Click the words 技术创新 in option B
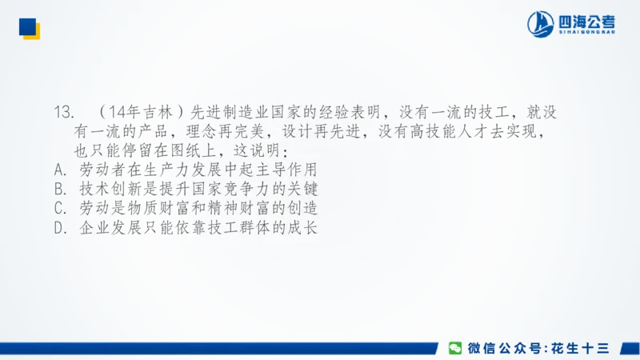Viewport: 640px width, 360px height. pyautogui.click(x=108, y=189)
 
